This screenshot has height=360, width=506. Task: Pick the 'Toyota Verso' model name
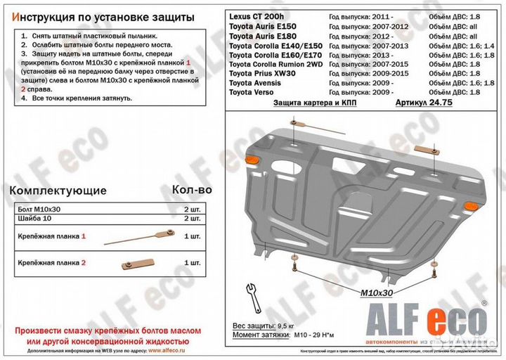point(256,92)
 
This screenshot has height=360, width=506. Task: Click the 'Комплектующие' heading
point(57,191)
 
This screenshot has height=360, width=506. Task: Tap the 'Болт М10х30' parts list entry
point(39,210)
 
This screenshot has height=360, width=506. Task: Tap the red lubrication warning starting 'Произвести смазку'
point(107,335)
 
